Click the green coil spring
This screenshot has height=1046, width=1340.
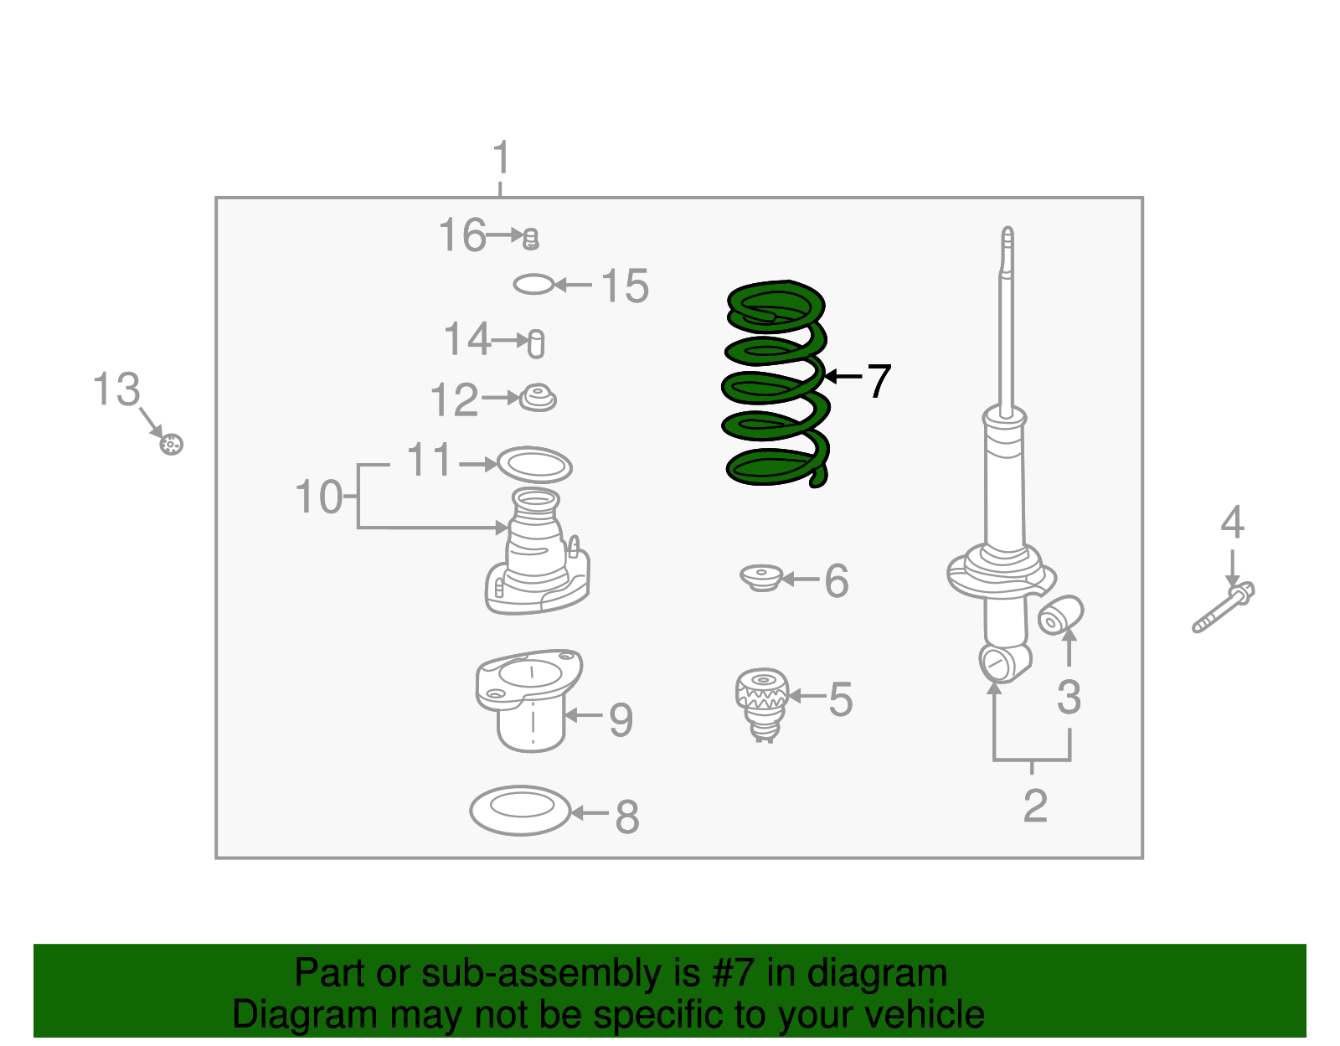tap(775, 385)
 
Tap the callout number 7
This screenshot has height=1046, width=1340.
tap(878, 382)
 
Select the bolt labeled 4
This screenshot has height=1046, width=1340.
tap(1224, 608)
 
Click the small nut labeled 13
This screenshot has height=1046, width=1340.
tap(171, 444)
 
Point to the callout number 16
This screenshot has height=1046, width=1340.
tap(461, 235)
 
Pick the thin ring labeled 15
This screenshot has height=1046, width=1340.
tap(533, 285)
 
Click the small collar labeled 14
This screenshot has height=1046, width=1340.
tap(536, 343)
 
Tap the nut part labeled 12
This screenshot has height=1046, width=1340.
tap(538, 398)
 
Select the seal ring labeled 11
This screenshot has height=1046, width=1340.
tap(534, 465)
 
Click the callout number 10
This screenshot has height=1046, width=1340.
tap(318, 497)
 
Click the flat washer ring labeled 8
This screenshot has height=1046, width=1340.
tap(520, 810)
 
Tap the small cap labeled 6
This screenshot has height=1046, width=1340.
tap(761, 578)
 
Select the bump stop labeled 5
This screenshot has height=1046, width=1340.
tap(762, 702)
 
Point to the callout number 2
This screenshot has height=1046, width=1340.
tap(1035, 806)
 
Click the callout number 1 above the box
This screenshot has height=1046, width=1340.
tap(501, 159)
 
